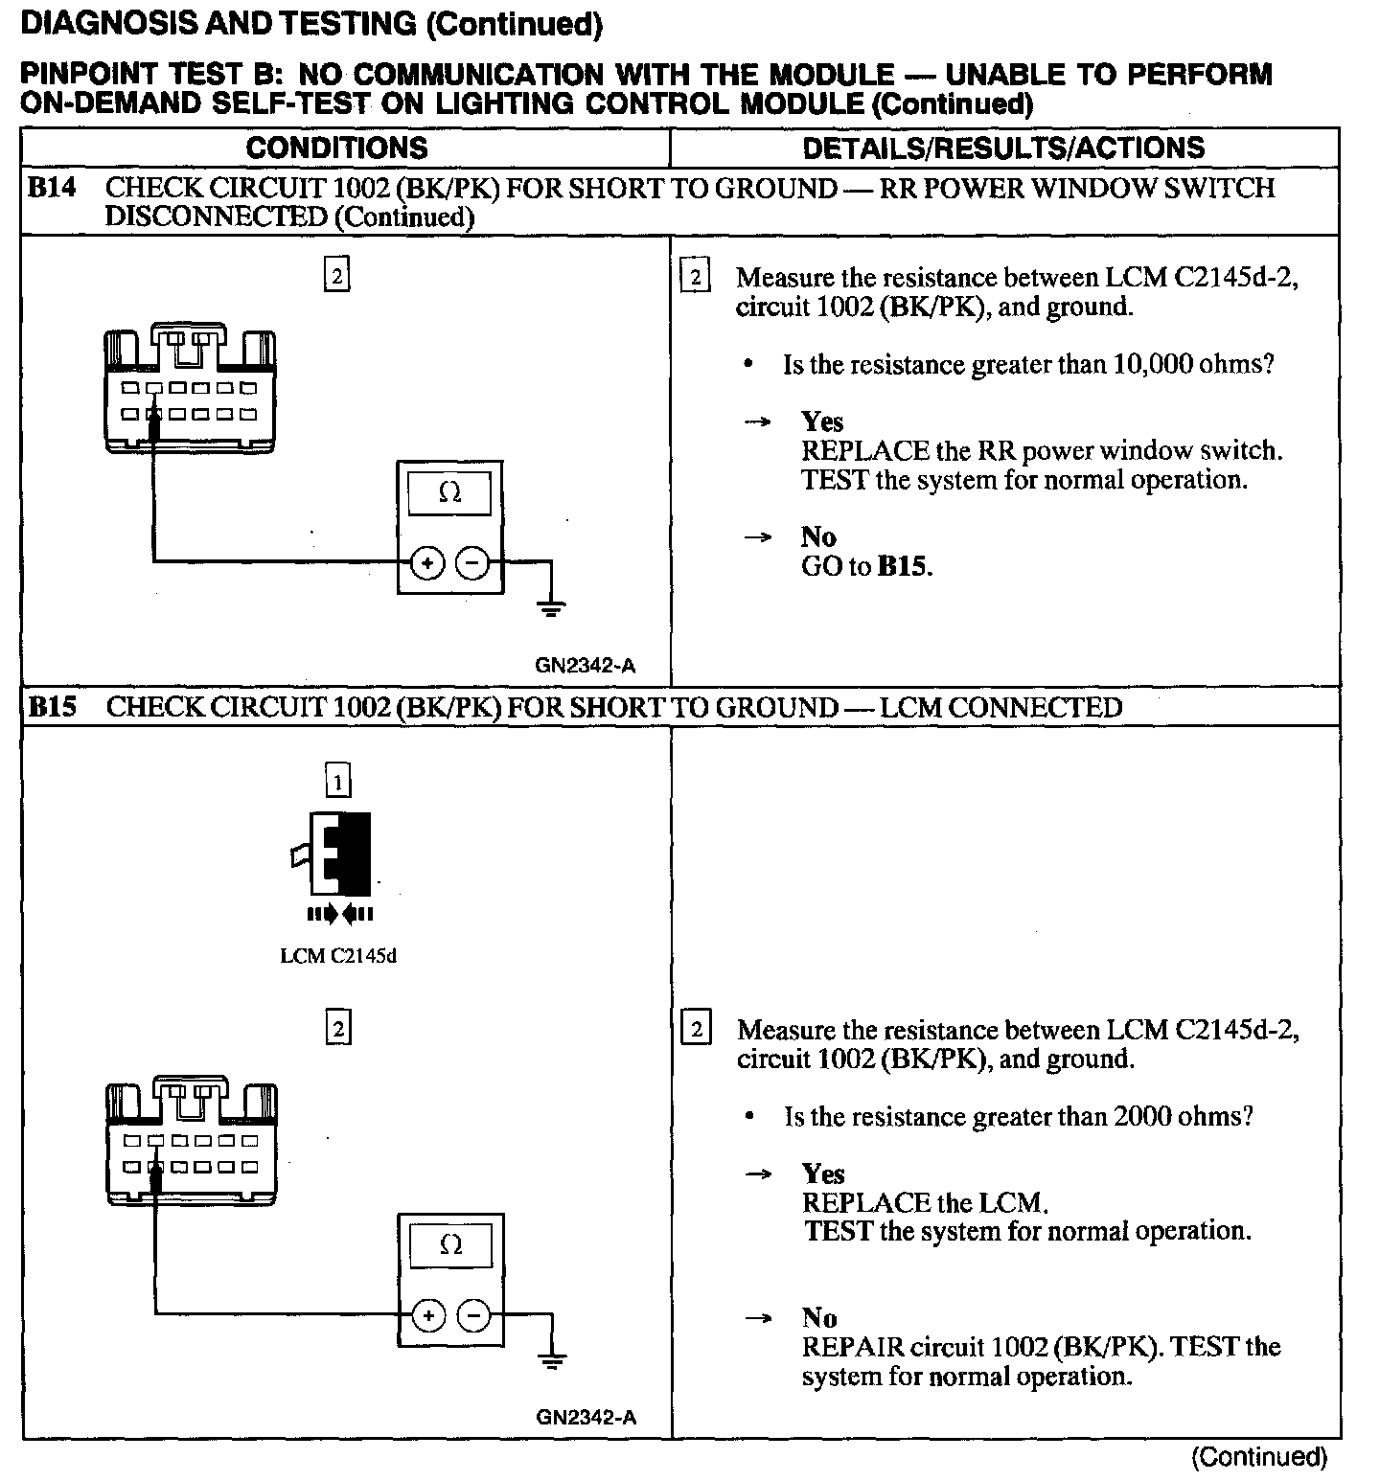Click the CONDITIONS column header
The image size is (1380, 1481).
pos(336,148)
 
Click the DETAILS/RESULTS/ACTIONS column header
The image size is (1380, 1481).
pos(1003,148)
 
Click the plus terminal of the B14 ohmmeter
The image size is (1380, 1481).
pos(427,563)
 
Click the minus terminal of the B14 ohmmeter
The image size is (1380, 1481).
pos(471,563)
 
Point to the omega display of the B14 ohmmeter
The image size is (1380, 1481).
pos(449,493)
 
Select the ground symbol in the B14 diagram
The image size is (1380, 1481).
pos(552,606)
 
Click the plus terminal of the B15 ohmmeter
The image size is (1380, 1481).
pos(428,1315)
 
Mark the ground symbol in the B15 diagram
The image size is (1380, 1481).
pos(552,1359)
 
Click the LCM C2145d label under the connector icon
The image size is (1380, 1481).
pos(337,956)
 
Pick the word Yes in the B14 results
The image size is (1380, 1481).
pos(822,422)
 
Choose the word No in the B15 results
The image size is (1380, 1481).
pos(819,1318)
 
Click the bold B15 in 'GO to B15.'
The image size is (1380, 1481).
pos(904,566)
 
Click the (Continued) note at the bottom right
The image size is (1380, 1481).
pos(1259,1457)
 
